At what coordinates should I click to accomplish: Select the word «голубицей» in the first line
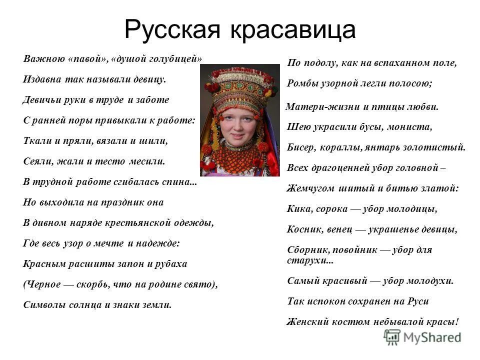175,58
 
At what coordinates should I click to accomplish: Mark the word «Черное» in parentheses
43,284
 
